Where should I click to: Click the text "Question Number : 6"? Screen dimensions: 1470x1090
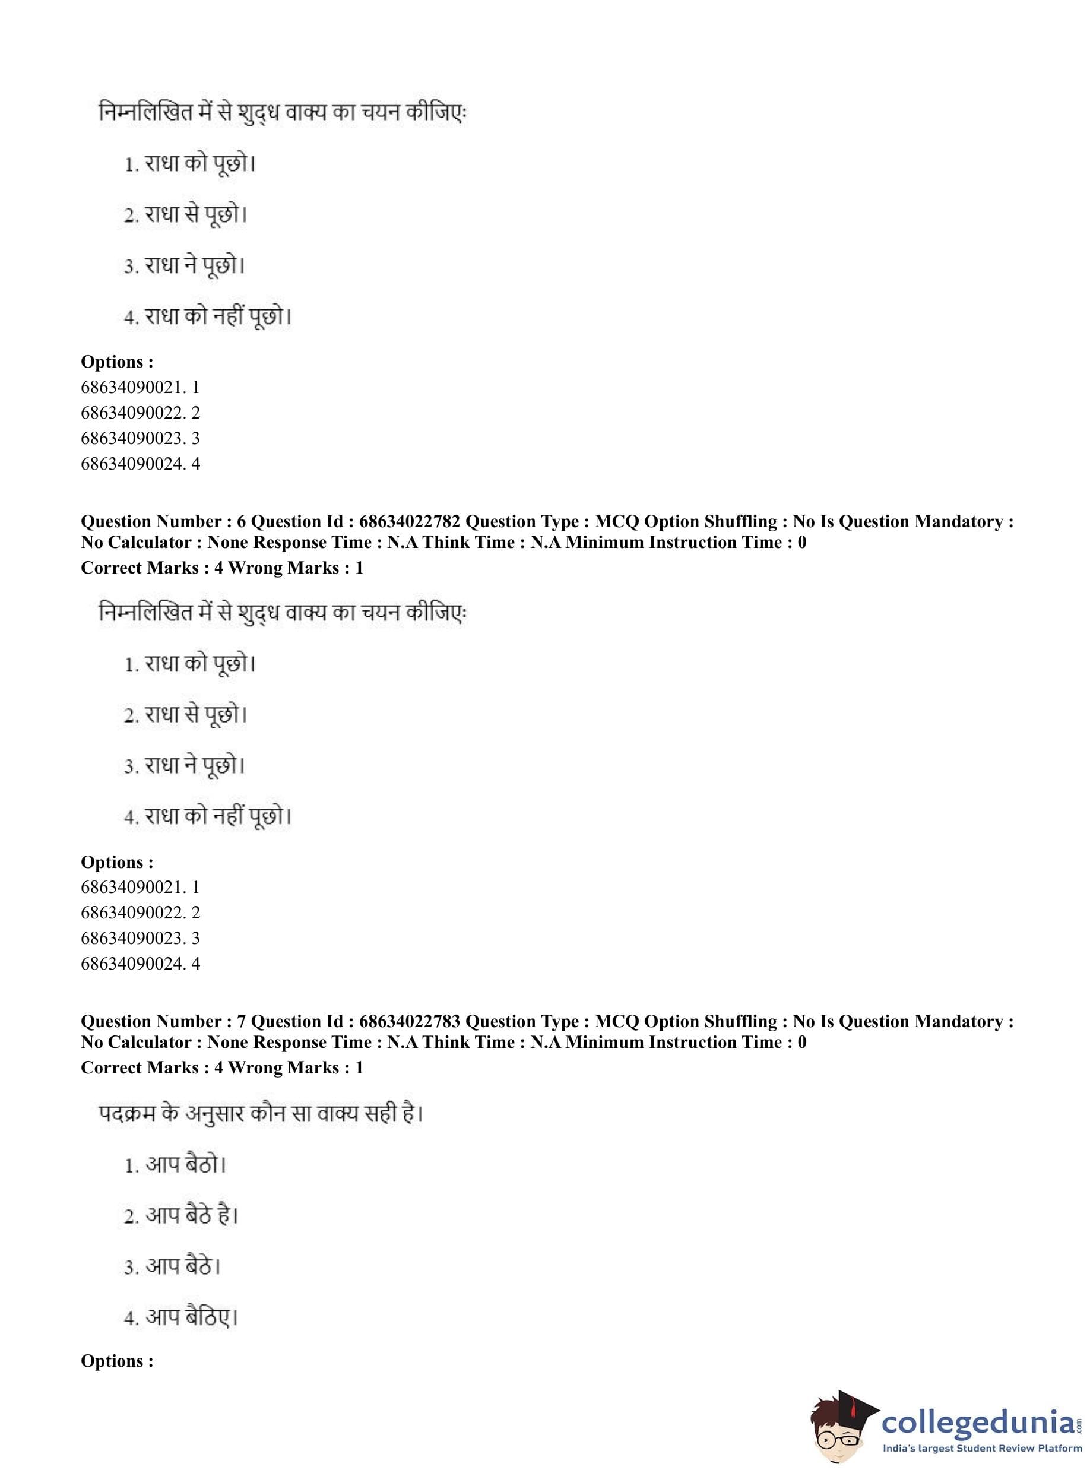pos(163,521)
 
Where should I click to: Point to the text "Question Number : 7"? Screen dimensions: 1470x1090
pos(163,1021)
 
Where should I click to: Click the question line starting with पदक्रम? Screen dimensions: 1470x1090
pos(261,1114)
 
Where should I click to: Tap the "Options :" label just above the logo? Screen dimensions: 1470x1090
pos(117,1361)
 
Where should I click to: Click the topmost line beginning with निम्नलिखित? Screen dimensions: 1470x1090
pos(283,113)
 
